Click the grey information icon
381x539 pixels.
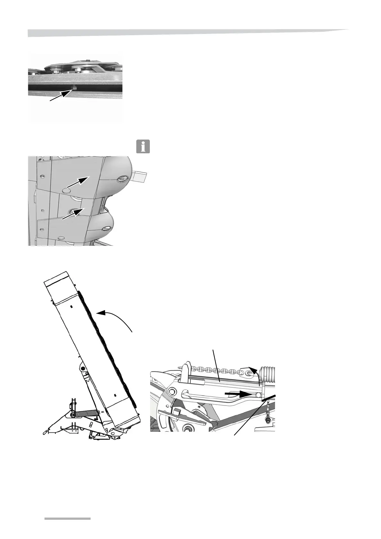pyautogui.click(x=143, y=146)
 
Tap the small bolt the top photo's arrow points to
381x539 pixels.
pyautogui.click(x=74, y=87)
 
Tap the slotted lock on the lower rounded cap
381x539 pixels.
pyautogui.click(x=106, y=228)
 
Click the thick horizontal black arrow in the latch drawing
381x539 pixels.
pyautogui.click(x=237, y=393)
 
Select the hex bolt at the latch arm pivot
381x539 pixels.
pyautogui.click(x=172, y=391)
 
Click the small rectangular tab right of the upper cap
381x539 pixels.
pyautogui.click(x=139, y=176)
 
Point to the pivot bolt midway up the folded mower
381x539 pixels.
pyautogui.click(x=83, y=369)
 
